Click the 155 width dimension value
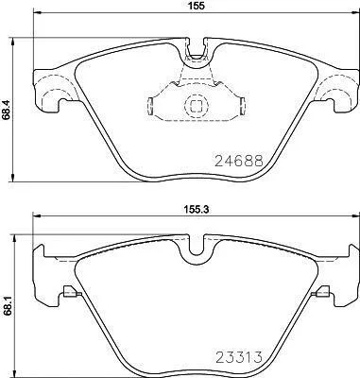197,6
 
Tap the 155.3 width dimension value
197,208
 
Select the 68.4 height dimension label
6,108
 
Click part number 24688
239,162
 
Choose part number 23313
239,357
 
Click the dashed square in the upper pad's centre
197,106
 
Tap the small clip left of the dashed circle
150,106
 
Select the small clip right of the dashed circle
243,106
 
